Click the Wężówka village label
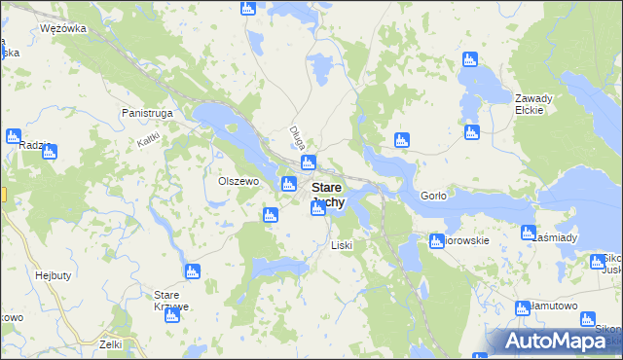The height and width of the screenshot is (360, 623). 63,28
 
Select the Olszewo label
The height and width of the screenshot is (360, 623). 238,181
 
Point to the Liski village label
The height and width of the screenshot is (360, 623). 341,245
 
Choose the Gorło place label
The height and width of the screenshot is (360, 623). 433,196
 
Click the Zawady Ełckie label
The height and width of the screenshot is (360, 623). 533,104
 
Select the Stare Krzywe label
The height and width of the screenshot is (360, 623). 171,300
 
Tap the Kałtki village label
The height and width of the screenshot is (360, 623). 148,140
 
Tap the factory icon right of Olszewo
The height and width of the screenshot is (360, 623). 289,185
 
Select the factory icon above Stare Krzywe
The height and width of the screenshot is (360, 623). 192,271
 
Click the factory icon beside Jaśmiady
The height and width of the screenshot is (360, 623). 529,233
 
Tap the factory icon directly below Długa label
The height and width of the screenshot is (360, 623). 309,163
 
